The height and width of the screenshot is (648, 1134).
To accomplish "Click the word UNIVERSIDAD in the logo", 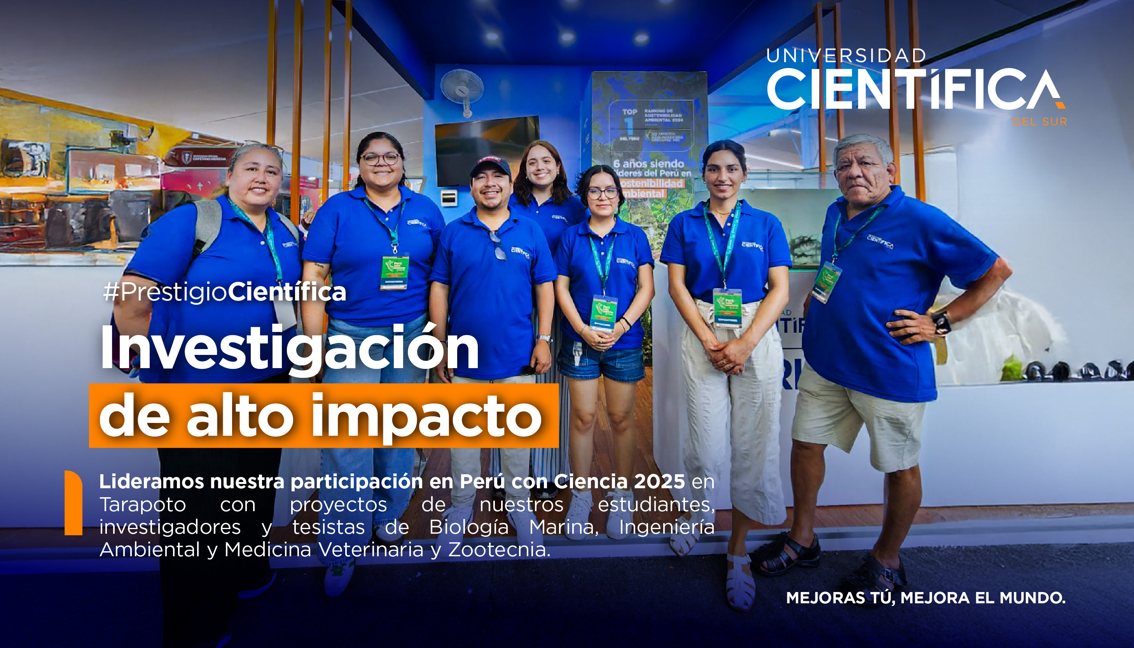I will point(846,56).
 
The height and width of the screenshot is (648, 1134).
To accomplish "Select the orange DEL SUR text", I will point(1039,122).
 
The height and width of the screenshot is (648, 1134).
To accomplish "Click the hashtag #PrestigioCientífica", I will point(224,292).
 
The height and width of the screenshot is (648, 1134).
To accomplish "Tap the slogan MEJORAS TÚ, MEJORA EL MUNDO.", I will point(926,598).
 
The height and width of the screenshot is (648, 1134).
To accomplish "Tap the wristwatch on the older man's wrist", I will point(941,323).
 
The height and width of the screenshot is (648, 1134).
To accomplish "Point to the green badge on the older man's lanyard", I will point(826,282).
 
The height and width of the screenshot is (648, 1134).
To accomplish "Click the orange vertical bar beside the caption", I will point(73,503).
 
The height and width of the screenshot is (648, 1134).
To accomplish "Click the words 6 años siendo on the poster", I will point(648,164).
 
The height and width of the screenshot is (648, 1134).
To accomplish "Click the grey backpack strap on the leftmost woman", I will point(207,227).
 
